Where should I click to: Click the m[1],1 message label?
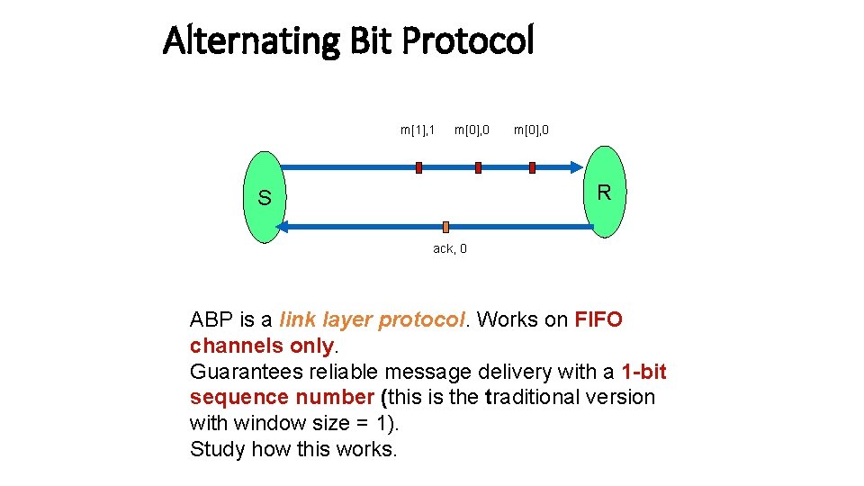pyautogui.click(x=418, y=130)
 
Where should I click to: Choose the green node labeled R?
pyautogui.click(x=605, y=193)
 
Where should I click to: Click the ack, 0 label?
pyautogui.click(x=450, y=248)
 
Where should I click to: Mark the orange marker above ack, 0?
pyautogui.click(x=445, y=228)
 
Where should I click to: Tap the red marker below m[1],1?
pyautogui.click(x=418, y=167)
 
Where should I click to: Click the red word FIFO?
pyautogui.click(x=598, y=320)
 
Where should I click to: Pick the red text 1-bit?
pyautogui.click(x=643, y=372)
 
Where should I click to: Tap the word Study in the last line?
pyautogui.click(x=217, y=449)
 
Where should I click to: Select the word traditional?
pyautogui.click(x=539, y=397)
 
